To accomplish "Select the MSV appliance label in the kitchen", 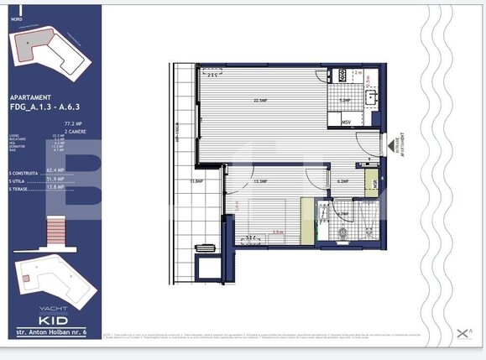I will (346, 123).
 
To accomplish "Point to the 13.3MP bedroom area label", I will (260, 180).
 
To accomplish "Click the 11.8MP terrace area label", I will (197, 180).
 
